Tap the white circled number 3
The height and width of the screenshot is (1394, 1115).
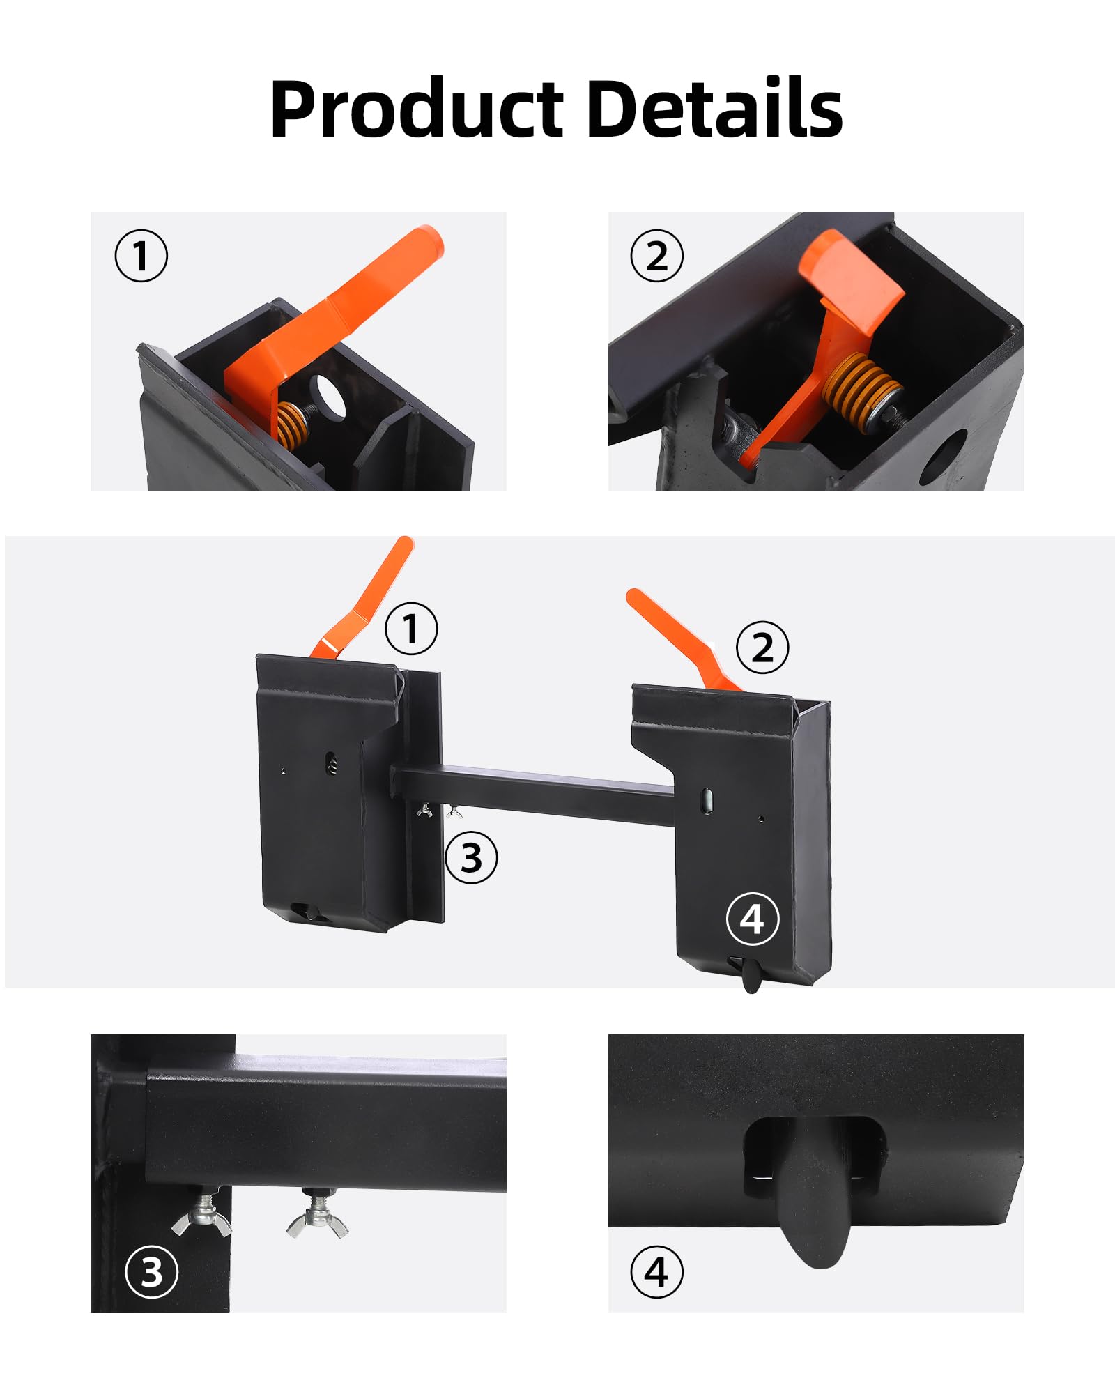151,1271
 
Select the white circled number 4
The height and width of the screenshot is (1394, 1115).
753,919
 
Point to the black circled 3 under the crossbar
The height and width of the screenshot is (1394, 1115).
471,857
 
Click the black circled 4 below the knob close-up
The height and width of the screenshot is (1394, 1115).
656,1271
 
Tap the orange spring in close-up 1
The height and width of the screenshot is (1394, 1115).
294,425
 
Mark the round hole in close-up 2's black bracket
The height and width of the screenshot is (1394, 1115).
942,457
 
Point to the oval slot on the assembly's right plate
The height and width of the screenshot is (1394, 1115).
707,801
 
